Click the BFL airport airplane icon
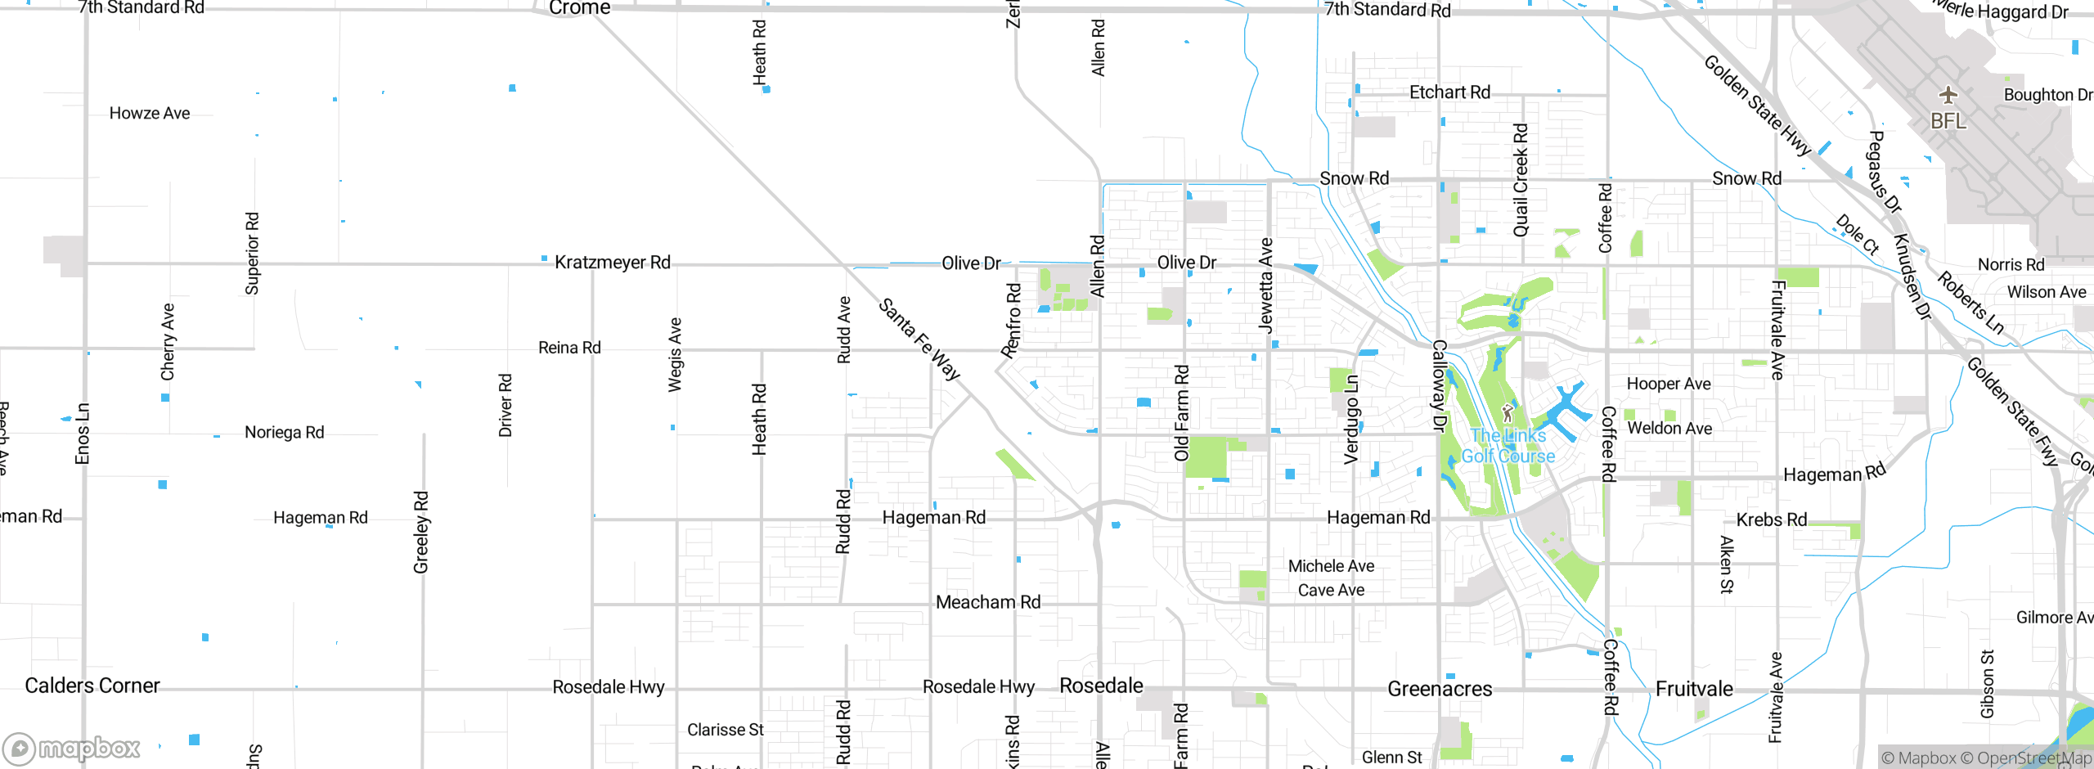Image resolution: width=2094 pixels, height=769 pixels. (x=1948, y=95)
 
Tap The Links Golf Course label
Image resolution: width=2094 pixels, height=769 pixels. (x=1508, y=446)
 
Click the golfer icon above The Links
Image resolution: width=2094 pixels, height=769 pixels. (x=1508, y=413)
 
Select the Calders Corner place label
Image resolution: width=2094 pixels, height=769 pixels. (x=92, y=686)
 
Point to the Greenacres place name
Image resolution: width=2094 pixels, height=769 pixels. (x=1440, y=689)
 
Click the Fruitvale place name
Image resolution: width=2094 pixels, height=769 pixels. (x=1694, y=689)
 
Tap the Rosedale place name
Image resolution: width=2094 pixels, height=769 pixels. (x=1101, y=686)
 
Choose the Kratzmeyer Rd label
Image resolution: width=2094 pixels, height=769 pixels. (x=613, y=263)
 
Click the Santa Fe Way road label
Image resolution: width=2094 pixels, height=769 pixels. (x=919, y=339)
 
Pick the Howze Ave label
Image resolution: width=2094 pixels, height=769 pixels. (x=150, y=114)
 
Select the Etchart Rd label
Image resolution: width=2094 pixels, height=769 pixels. (x=1449, y=92)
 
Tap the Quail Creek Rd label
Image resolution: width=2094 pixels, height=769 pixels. (x=1521, y=180)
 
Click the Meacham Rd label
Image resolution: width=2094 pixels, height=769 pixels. (x=988, y=602)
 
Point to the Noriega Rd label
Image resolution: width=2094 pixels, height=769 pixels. (x=284, y=432)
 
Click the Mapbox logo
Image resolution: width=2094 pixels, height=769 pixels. (x=72, y=748)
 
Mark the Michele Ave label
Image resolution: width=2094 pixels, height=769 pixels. (x=1331, y=566)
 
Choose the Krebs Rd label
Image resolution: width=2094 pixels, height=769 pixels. (x=1771, y=519)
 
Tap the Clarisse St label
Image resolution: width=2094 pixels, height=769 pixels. (x=725, y=730)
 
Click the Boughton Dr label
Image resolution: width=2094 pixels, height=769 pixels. (x=2047, y=95)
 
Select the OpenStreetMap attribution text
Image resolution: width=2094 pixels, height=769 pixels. (x=2032, y=758)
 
